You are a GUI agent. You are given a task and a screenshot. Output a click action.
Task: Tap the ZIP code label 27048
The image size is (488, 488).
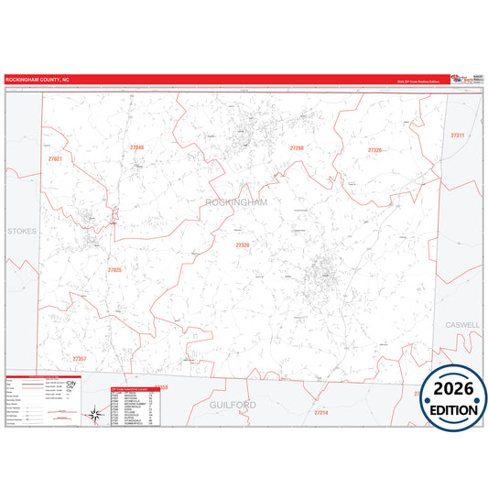137,147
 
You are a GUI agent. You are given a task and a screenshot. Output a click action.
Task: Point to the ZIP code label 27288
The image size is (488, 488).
297,147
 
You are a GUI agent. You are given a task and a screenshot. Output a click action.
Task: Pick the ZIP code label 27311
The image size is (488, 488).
458,136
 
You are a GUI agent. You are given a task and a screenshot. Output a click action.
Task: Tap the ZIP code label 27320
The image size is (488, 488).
243,245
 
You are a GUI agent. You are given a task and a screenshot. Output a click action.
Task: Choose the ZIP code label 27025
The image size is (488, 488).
114,270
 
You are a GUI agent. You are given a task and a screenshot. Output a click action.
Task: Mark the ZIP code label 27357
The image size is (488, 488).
80,358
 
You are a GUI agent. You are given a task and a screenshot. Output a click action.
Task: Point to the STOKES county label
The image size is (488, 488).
22,232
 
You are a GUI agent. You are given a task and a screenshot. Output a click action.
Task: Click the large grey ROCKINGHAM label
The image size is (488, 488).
237,202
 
